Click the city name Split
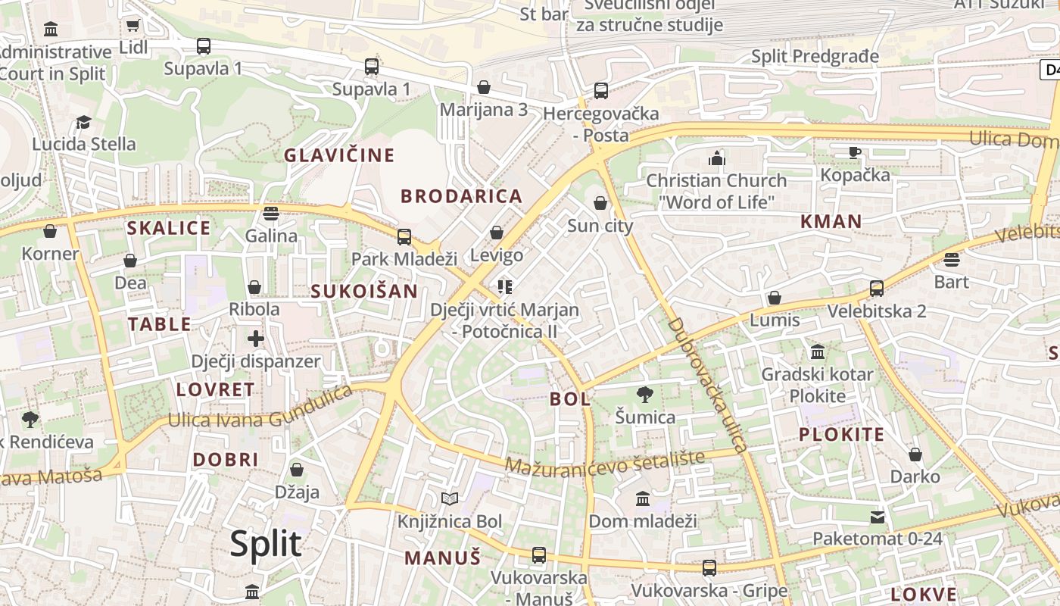pyautogui.click(x=266, y=544)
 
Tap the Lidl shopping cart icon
pyautogui.click(x=133, y=25)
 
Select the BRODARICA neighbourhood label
pyautogui.click(x=462, y=196)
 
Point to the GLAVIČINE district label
pyautogui.click(x=339, y=155)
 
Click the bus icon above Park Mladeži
pyautogui.click(x=404, y=236)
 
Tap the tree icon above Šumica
pyautogui.click(x=645, y=394)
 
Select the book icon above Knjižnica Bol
pyautogui.click(x=450, y=498)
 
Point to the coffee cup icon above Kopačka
pyautogui.click(x=855, y=152)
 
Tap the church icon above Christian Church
pyautogui.click(x=716, y=158)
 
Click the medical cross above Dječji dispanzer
pyautogui.click(x=256, y=338)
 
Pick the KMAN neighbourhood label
pyautogui.click(x=831, y=221)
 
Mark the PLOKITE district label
pyautogui.click(x=842, y=434)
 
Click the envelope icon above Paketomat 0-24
pyautogui.click(x=878, y=517)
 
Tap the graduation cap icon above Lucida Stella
pyautogui.click(x=83, y=122)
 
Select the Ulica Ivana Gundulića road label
pyautogui.click(x=260, y=409)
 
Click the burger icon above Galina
pyautogui.click(x=271, y=213)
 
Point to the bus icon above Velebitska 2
pyautogui.click(x=877, y=289)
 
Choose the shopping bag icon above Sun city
pyautogui.click(x=600, y=203)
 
